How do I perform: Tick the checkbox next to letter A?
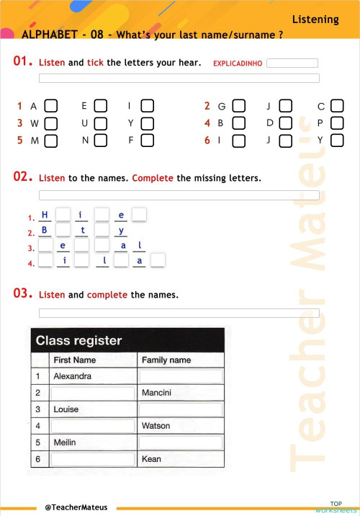pos(51,107)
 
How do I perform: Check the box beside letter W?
pos(51,123)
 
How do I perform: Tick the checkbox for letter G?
pos(239,107)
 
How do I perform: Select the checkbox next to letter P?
pos(337,123)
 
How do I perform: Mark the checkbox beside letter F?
pos(147,141)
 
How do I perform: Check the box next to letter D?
pos(286,123)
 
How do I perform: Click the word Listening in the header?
pos(315,19)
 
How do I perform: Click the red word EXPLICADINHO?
pos(238,63)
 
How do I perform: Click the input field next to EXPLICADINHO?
pos(292,63)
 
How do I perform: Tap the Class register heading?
pos(79,340)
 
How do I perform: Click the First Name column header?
pos(75,360)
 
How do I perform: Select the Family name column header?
pos(166,360)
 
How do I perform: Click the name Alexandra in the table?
pos(73,376)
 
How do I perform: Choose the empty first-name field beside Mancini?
pos(92,393)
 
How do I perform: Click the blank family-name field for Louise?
pos(181,409)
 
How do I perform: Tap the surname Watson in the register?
pos(156,426)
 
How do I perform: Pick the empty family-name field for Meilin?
pos(181,442)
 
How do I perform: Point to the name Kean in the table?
pos(152,459)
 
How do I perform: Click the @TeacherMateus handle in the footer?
pos(76,507)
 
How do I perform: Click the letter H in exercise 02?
pos(45,215)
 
